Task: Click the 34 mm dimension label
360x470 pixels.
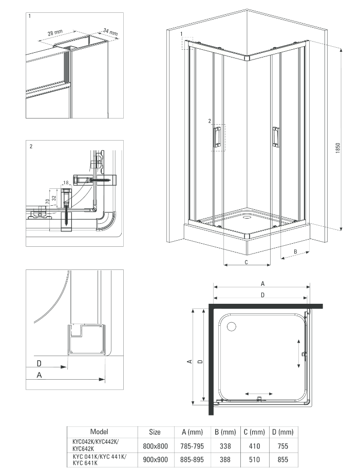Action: tap(110, 32)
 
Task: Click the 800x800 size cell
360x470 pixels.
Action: tap(155, 446)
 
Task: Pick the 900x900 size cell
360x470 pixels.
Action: tap(155, 460)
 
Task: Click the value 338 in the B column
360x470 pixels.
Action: tap(224, 446)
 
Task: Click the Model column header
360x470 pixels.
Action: tap(99, 432)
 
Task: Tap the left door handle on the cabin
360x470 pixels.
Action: tap(216, 137)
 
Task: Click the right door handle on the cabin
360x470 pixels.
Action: tap(275, 136)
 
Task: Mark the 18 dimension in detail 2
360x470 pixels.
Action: tap(66, 183)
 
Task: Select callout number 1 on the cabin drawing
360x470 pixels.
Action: tap(182, 34)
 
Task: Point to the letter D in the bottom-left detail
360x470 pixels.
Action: tap(40, 363)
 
